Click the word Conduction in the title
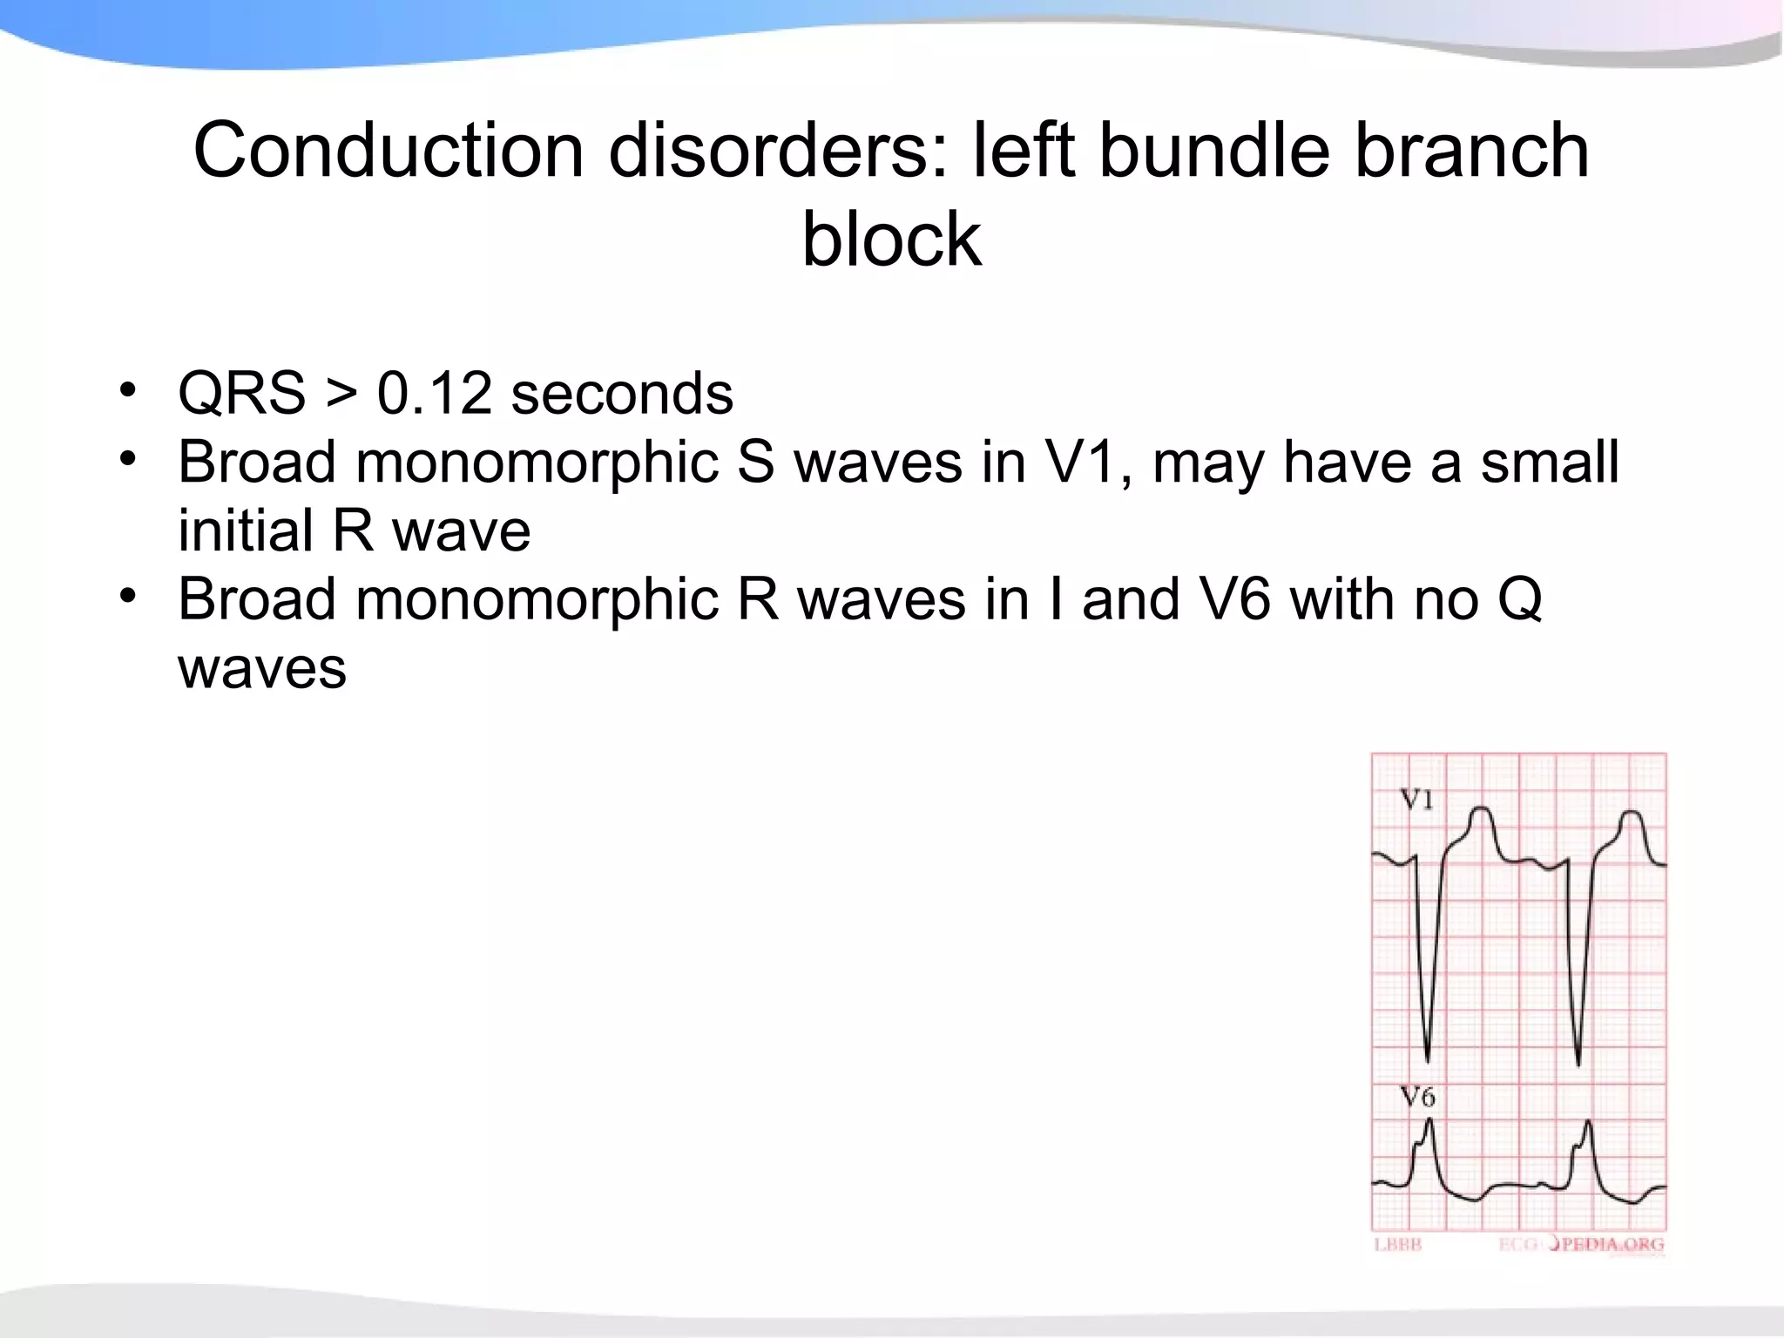coord(389,151)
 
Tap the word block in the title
coord(891,240)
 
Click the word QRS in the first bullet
coord(242,394)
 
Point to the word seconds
coord(622,394)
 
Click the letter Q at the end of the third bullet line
coord(1519,601)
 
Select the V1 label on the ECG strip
coord(1416,799)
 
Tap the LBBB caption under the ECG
coord(1397,1245)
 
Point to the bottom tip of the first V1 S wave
coord(1428,1061)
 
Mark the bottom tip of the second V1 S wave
coord(1578,1064)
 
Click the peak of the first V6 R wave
coord(1429,1121)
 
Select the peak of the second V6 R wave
coord(1589,1122)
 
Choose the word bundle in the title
coord(1214,151)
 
